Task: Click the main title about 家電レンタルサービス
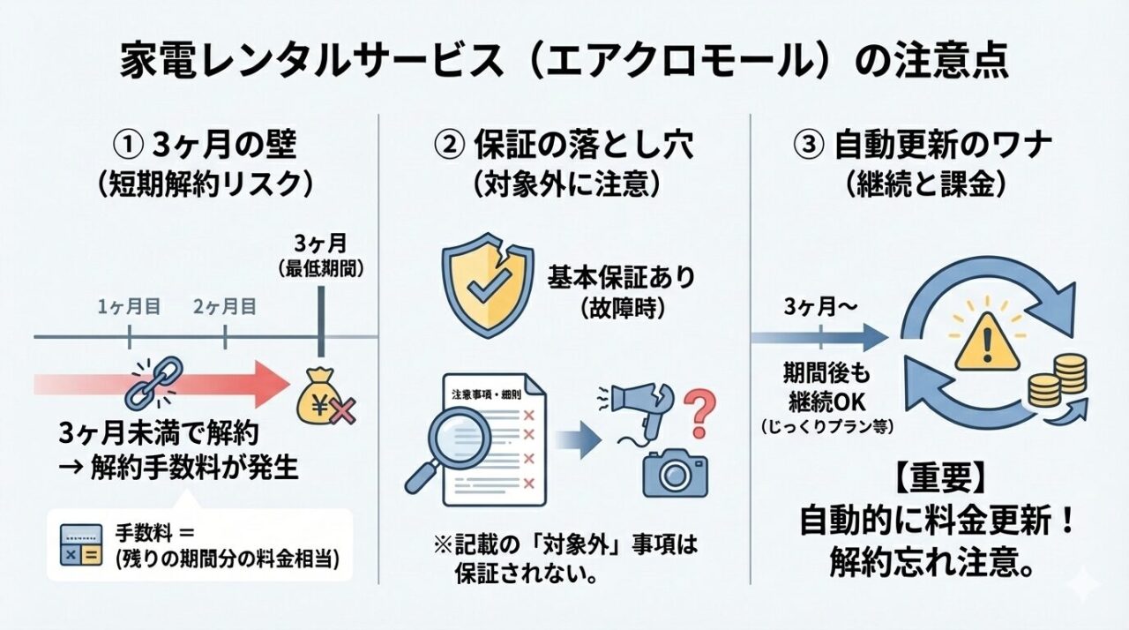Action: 564,64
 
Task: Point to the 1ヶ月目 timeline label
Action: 129,307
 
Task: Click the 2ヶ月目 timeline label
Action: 225,307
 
